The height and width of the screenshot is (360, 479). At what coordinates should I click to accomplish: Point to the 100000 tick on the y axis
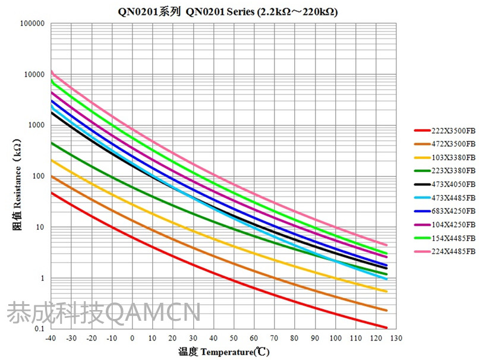(33, 24)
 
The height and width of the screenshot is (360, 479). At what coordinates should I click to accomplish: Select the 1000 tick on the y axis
(37, 126)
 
